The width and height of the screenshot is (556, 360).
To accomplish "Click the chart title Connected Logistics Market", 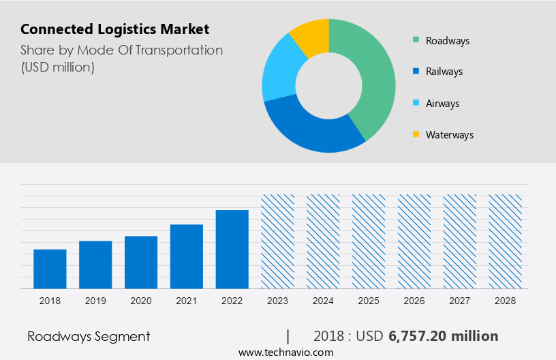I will [114, 29].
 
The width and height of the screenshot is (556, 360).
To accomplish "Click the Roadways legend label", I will [447, 41].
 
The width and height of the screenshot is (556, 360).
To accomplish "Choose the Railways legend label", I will [444, 72].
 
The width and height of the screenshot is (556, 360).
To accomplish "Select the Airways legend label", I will [442, 104].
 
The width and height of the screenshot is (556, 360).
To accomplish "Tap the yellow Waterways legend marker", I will [415, 135].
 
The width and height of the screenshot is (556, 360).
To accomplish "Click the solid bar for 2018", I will [50, 269].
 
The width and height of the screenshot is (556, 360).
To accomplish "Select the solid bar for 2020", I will [141, 262].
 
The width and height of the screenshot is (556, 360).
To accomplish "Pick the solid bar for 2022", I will [232, 249].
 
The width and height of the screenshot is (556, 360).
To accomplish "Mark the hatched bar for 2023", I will [278, 241].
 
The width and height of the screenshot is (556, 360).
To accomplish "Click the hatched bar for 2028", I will [506, 241].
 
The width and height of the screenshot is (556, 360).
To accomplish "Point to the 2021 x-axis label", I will [187, 301].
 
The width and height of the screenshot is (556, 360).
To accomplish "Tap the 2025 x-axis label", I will [369, 301].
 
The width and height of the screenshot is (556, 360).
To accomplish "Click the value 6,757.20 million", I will [444, 336].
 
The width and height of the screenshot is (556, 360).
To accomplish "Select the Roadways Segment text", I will [89, 336].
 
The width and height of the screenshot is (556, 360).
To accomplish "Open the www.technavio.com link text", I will [285, 352].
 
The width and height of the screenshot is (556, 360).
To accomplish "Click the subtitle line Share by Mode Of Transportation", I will [121, 50].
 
